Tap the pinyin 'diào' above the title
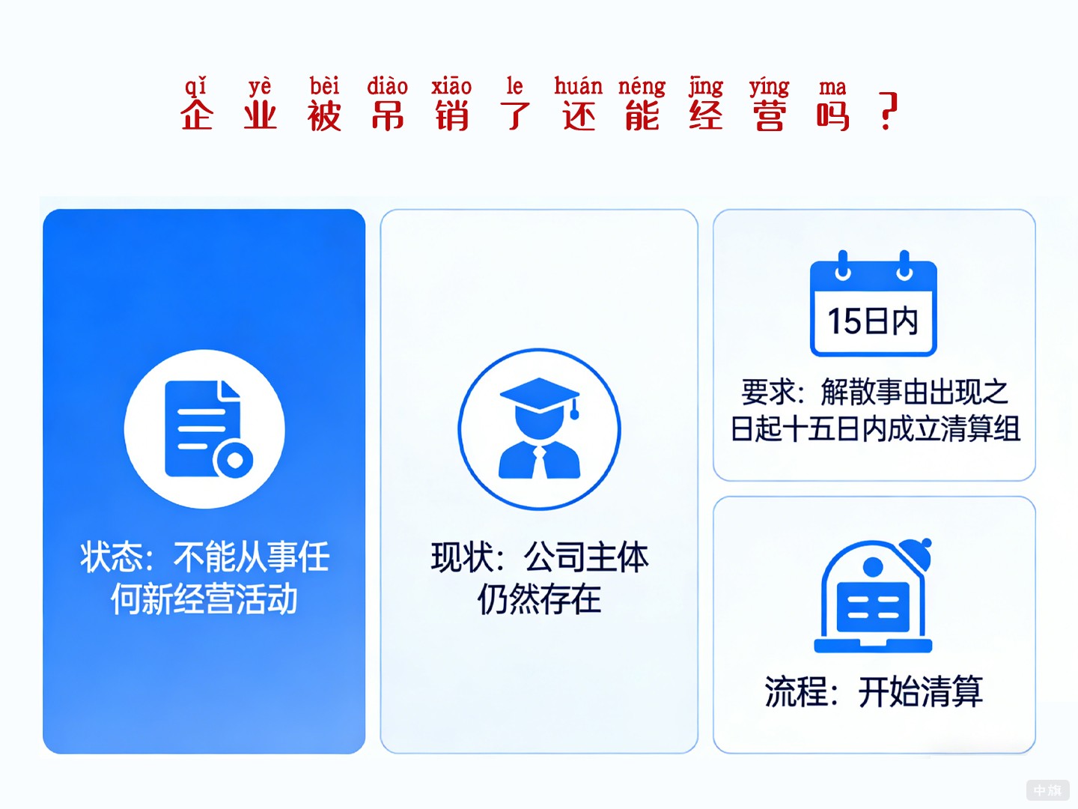tap(387, 86)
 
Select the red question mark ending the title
tap(888, 112)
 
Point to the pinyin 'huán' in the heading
tap(578, 86)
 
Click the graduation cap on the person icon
tap(539, 396)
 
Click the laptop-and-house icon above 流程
tap(873, 596)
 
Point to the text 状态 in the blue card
tap(112, 557)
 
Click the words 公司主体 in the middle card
tap(586, 557)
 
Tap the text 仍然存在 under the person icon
tap(539, 599)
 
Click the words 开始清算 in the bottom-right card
tap(920, 691)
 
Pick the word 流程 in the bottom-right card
tap(795, 691)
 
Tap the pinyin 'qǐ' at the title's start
tap(196, 87)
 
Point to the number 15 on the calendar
tap(844, 321)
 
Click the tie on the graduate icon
tap(540, 461)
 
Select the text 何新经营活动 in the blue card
tap(204, 599)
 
